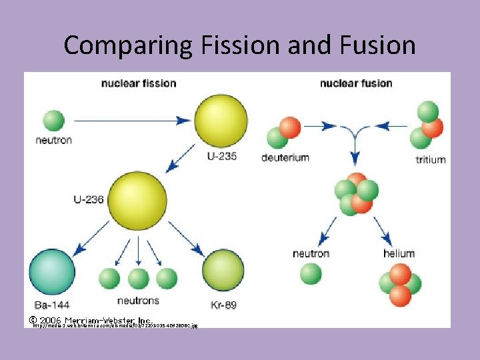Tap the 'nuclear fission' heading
[x=139, y=83]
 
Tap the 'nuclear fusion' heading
[x=356, y=83]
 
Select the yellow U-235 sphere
[x=221, y=121]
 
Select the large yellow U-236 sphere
[x=137, y=200]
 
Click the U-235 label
[x=221, y=157]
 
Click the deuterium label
[x=285, y=158]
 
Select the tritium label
[x=430, y=160]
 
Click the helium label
[x=399, y=253]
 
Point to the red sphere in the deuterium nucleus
[x=291, y=127]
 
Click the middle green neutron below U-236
[x=138, y=278]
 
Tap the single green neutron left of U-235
[x=53, y=121]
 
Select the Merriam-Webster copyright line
[x=91, y=321]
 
